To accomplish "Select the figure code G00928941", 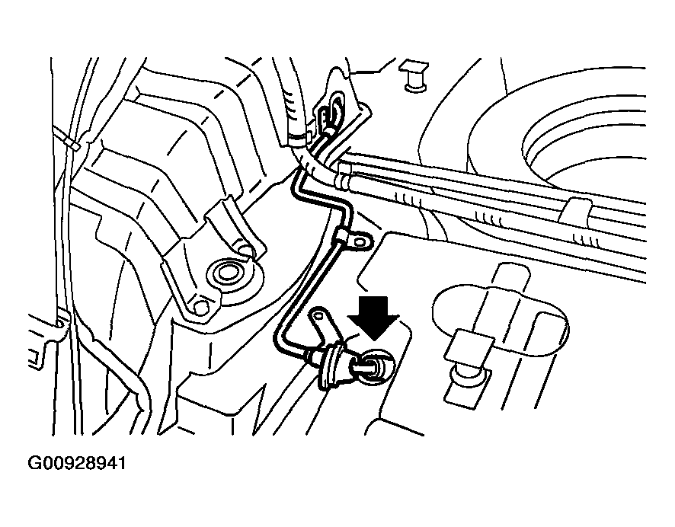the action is pos(77,464).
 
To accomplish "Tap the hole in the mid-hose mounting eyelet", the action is pos(359,242).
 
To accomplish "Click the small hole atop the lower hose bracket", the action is pos(318,316).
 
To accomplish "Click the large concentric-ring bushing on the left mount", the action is pos(229,274).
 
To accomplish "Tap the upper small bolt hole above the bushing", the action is pos(246,251).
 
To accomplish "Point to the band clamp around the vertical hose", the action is pos(299,138).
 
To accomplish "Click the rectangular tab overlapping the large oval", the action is pos(469,346).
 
